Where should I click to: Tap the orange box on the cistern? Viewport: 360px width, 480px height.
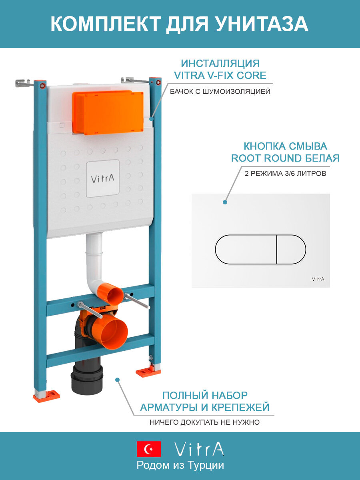coord(108,112)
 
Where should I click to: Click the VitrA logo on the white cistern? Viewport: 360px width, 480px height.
coord(102,178)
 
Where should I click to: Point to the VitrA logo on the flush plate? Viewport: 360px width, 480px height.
coord(318,279)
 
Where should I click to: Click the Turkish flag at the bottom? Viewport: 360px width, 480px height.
coord(149,449)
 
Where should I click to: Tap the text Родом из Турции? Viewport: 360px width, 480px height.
coord(180,465)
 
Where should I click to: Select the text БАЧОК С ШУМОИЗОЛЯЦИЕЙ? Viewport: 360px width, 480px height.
coord(220,92)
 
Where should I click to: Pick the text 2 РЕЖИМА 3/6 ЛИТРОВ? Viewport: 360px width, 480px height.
coord(284,174)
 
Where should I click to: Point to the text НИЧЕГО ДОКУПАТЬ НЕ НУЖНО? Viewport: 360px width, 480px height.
coord(204,422)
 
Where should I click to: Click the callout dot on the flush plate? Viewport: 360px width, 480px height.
coord(225,202)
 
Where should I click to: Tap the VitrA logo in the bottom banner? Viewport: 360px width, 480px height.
coord(199,449)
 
